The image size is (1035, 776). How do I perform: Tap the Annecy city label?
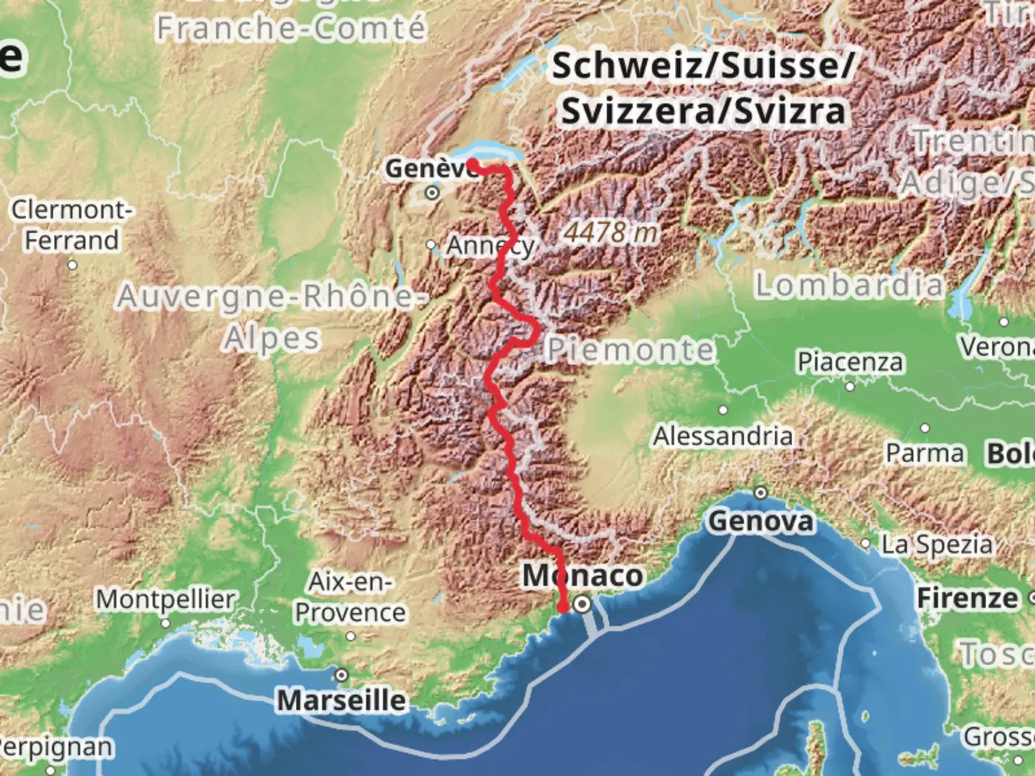491,246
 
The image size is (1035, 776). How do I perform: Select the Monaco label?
583,576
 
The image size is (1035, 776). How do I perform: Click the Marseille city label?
341,700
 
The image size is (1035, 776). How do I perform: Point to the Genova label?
761,521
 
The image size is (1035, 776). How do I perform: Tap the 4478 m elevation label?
610,232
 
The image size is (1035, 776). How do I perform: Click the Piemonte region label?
630,350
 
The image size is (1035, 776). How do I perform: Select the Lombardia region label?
848,285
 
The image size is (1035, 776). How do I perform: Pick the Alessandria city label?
723,436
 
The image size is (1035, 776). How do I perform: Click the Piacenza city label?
850,361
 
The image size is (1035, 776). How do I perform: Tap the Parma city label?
924,453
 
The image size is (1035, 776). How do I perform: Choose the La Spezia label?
937,545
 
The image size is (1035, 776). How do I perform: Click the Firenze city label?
967,598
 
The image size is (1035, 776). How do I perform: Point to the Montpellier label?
165,599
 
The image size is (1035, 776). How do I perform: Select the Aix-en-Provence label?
350,597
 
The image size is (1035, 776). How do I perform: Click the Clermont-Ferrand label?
72,225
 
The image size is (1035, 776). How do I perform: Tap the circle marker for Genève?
432,193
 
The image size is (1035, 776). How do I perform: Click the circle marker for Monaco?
583,604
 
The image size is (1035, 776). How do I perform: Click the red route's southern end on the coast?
563,608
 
